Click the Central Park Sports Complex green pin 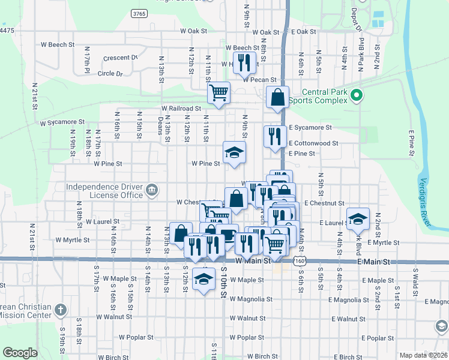coord(356,95)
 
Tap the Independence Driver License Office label coord(104,191)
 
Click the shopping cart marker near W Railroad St coord(218,93)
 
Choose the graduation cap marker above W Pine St coord(234,152)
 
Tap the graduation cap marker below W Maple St coord(204,279)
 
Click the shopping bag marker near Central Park coord(277,98)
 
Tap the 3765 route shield coord(139,13)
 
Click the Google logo coord(20,353)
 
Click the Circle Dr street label coord(110,74)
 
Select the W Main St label coord(253,262)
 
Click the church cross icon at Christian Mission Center coord(59,310)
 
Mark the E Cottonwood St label coord(313,143)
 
